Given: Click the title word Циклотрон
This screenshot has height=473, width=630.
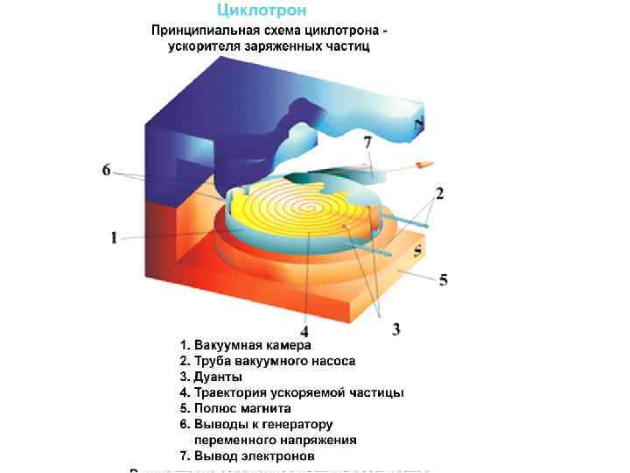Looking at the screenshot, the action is (x=262, y=11).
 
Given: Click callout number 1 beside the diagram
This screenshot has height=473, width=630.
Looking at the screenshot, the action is (x=114, y=237).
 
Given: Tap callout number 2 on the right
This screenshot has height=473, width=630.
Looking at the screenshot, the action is (x=439, y=193).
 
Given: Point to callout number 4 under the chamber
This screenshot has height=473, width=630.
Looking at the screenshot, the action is (x=304, y=332).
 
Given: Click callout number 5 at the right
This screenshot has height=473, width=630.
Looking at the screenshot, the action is (x=444, y=280).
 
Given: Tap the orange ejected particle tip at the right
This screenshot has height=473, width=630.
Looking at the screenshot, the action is (x=424, y=164).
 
